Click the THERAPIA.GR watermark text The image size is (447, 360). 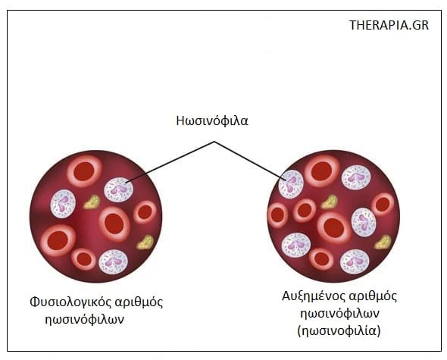click(389, 25)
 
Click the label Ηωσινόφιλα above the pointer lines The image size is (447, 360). click(212, 121)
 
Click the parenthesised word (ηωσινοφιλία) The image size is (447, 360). click(339, 331)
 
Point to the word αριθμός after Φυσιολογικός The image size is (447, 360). click(139, 302)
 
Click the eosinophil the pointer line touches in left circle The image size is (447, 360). click(119, 189)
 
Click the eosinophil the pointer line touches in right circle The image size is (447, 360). click(291, 184)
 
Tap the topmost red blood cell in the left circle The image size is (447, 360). click(84, 171)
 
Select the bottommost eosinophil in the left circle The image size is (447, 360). click(113, 262)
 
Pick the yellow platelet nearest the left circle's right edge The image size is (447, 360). click(145, 243)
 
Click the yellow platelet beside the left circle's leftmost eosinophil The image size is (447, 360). click(92, 202)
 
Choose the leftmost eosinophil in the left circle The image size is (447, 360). click(63, 204)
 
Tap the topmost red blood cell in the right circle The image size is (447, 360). click(321, 171)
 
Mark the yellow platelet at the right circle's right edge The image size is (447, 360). click(383, 243)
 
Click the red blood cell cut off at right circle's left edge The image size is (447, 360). click(277, 215)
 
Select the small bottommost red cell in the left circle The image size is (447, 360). click(84, 259)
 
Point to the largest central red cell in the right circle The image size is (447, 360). click(334, 228)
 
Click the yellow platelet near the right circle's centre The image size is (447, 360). click(330, 202)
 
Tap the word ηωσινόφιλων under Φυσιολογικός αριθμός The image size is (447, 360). click(85, 319)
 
